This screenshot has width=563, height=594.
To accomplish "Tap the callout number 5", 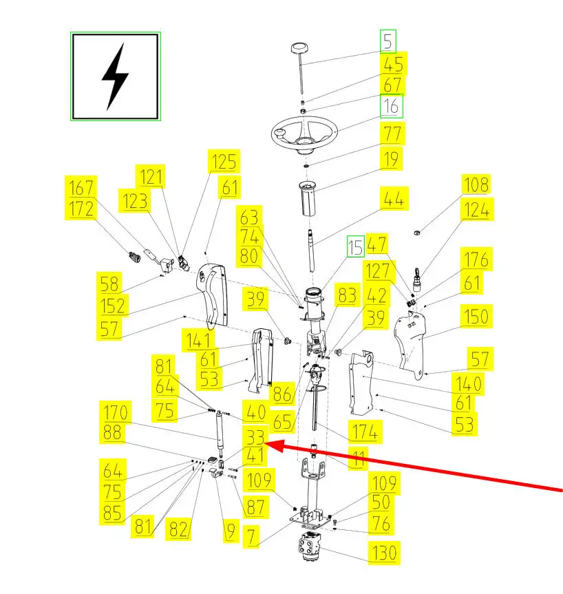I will (389, 42).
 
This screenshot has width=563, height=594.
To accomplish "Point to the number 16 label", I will (391, 107).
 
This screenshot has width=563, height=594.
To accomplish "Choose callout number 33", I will (254, 436).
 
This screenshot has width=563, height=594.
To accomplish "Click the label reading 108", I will (476, 185).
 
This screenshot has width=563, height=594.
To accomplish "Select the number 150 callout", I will (476, 317).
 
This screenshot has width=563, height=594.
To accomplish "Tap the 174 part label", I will (364, 432).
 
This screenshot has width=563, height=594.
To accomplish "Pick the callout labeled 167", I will (81, 186).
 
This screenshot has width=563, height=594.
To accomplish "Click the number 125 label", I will (224, 162).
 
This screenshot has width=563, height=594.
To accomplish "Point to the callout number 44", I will (394, 200).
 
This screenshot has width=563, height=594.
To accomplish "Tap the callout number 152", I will (111, 305).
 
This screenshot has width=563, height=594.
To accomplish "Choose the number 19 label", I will (391, 160).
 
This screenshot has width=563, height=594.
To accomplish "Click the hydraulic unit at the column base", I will (313, 547).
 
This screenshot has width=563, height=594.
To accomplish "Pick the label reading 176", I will (476, 259).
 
